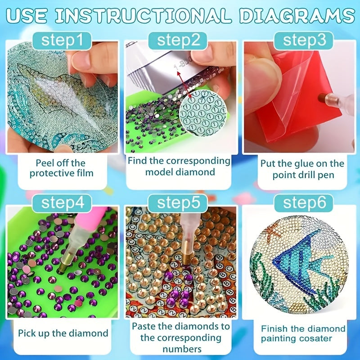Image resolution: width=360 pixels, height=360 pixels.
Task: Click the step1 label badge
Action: (62, 40)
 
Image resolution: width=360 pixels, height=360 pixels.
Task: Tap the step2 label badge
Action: (178, 40)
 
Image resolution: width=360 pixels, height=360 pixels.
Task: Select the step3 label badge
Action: (304, 40)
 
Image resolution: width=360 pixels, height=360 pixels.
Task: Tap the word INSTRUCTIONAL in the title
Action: (143, 16)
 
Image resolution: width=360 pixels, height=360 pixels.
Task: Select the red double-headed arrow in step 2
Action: (184, 84)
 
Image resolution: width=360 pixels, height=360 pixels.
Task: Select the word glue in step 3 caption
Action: (302, 164)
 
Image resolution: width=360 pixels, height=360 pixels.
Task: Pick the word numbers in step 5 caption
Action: (182, 349)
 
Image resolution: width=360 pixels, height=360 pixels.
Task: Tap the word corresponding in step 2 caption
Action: (198, 161)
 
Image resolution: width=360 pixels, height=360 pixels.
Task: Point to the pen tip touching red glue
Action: (321, 98)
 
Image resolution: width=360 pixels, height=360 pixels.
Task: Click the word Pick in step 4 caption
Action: (27, 333)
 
